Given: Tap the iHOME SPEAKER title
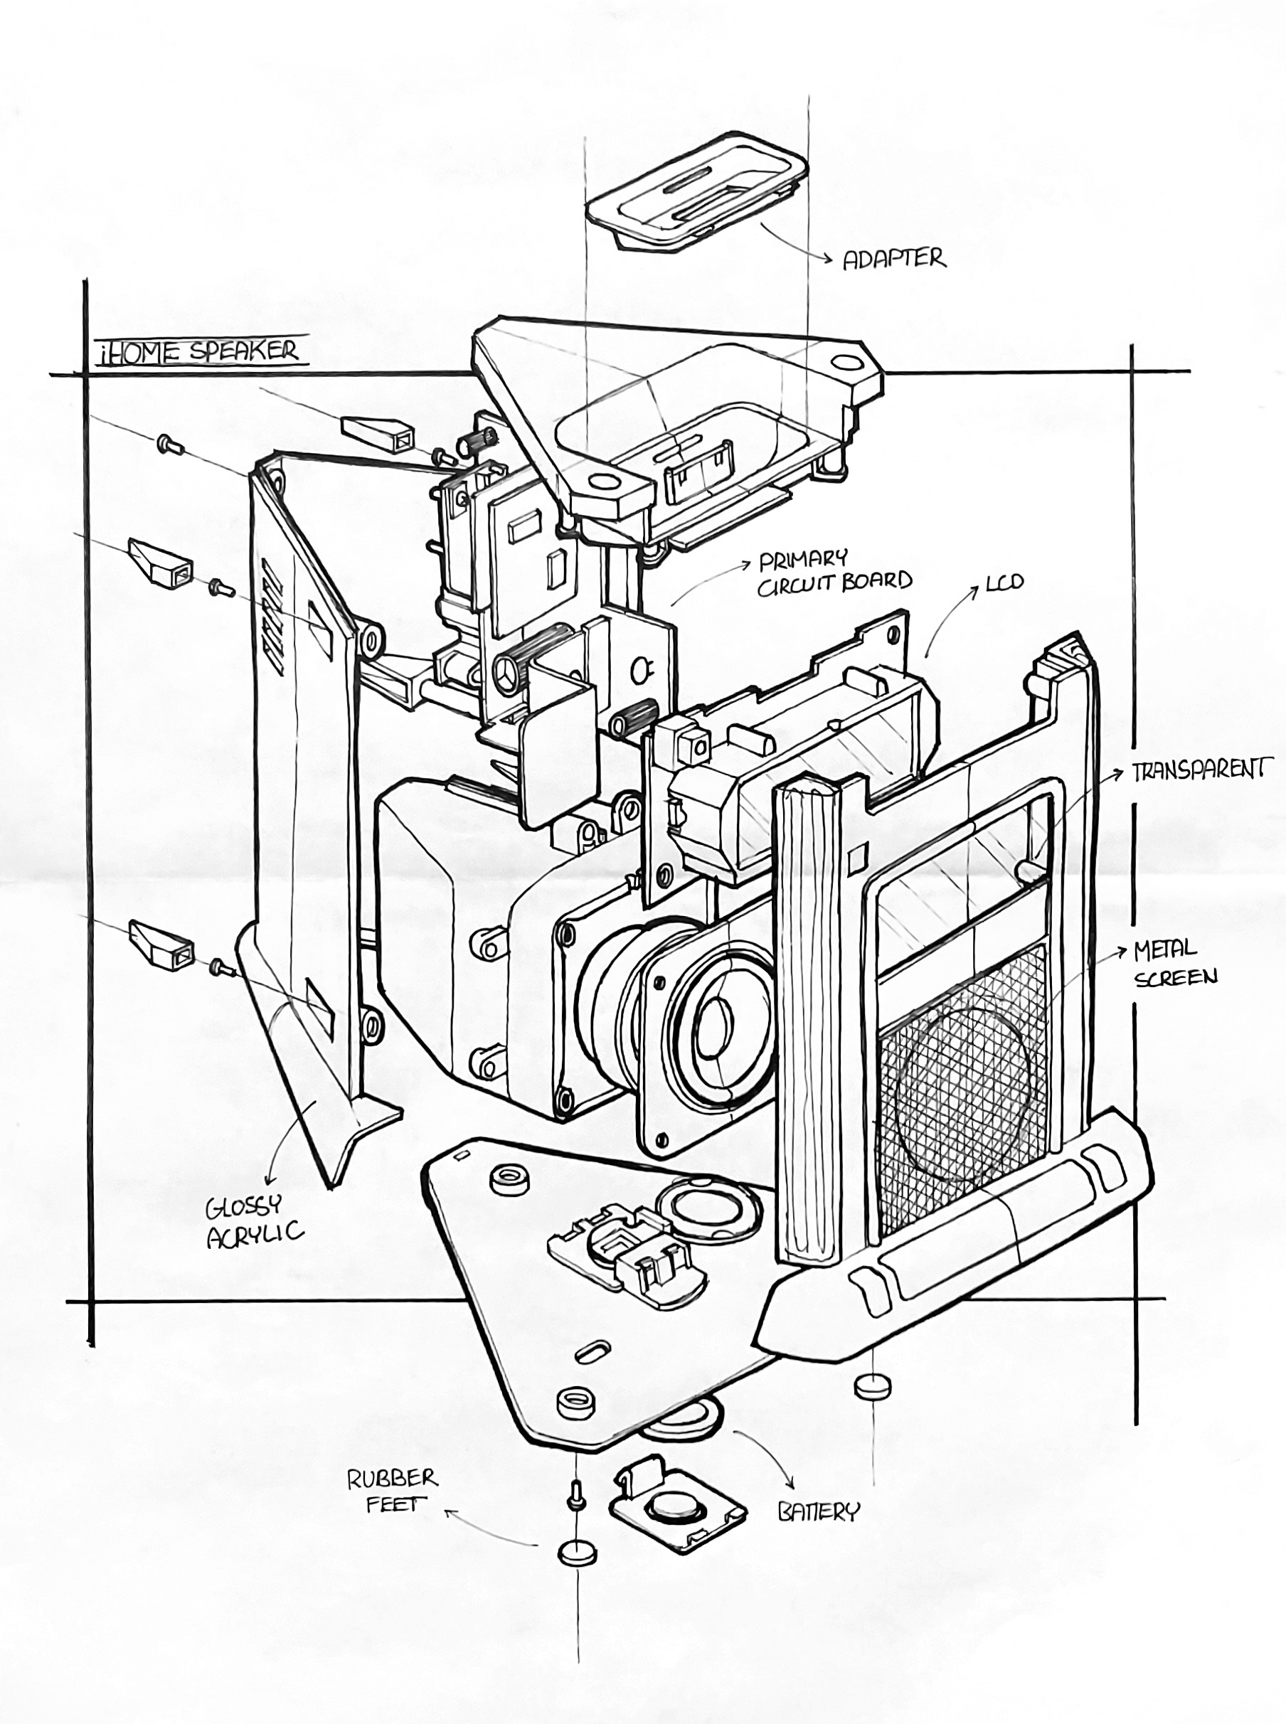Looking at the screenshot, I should click(x=198, y=351).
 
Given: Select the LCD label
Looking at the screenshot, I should click(x=1004, y=582).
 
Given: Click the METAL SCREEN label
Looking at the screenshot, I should click(x=1176, y=963).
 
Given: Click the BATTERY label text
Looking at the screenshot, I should click(x=819, y=1511).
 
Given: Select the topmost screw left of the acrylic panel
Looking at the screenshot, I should click(x=169, y=444).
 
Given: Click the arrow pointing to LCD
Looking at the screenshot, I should click(x=951, y=619).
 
